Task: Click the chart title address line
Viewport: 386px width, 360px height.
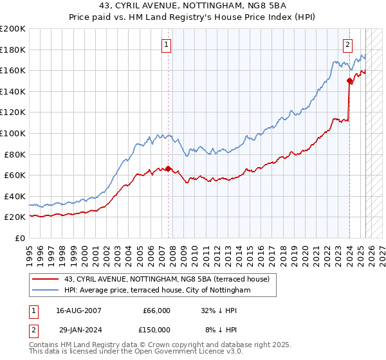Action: [193, 6]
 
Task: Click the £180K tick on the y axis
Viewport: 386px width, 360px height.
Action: [13, 50]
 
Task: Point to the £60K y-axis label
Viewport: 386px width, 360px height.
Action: [15, 175]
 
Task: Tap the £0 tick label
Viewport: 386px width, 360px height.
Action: [19, 238]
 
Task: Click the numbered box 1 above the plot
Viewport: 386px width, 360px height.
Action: [167, 44]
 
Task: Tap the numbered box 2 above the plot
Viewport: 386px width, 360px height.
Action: [347, 44]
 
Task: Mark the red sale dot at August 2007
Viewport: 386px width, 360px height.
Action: [169, 168]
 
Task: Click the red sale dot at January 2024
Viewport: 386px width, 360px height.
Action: [350, 80]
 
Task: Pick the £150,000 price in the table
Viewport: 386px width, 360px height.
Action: [155, 330]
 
